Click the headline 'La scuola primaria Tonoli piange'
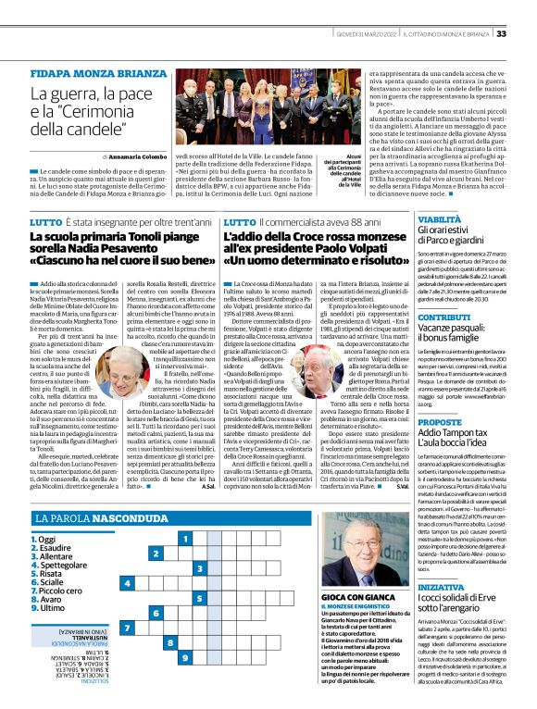[108, 237]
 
